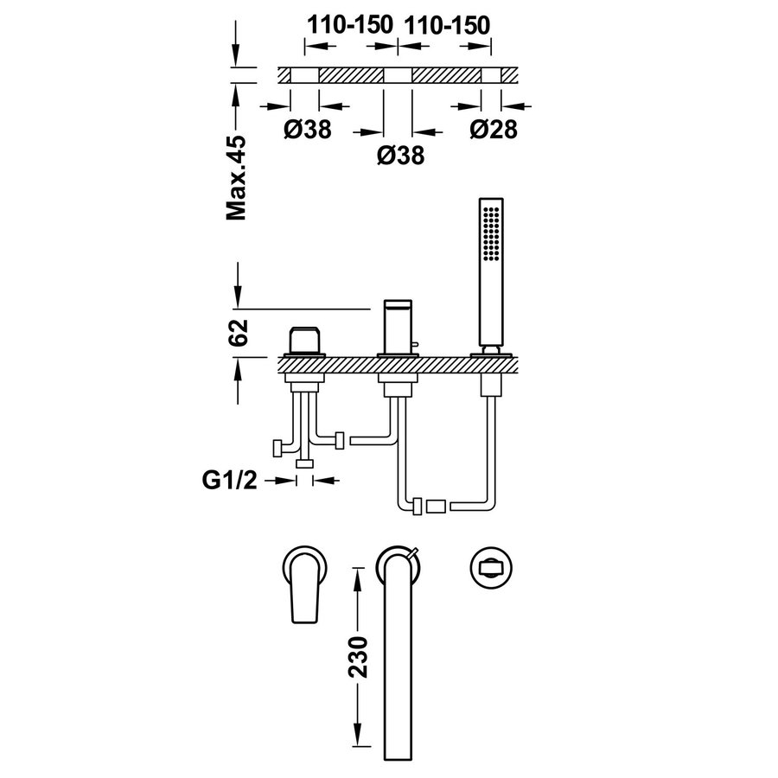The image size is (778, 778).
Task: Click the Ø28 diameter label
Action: pos(494,130)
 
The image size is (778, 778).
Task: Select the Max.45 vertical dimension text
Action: pos(236,177)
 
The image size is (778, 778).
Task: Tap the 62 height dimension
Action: pos(240,332)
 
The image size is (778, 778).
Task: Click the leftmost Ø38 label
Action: pos(307,130)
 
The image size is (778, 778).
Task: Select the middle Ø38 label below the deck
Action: pos(401,156)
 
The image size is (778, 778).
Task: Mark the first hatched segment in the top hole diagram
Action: pos(352,76)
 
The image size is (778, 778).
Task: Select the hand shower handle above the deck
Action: pos(489,303)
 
